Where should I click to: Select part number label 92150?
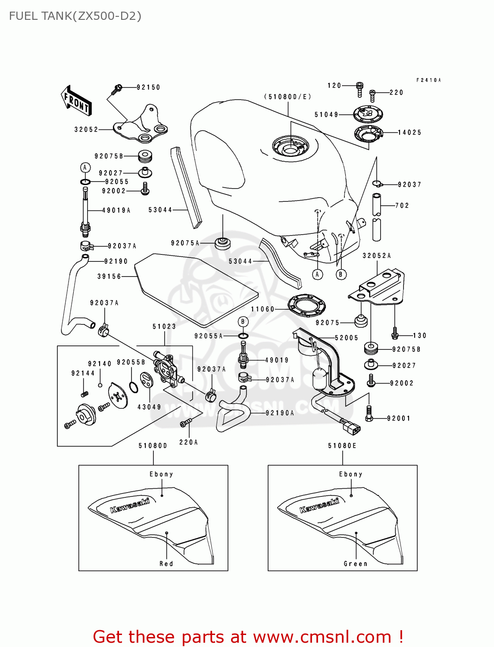148,88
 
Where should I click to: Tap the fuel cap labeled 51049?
368,114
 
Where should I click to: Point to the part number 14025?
410,133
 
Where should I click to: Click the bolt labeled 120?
360,89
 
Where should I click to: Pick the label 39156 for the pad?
109,276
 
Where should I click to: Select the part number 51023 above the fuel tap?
164,327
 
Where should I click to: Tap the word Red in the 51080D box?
166,564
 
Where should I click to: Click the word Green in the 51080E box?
356,564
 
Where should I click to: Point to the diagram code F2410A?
428,80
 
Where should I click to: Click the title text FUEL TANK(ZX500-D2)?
75,16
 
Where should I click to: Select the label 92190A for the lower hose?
280,413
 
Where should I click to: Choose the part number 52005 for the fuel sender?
347,338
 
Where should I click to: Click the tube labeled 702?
377,218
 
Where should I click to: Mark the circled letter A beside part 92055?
85,167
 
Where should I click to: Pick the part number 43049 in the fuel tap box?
149,407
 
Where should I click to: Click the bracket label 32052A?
377,256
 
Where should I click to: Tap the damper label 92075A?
185,243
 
